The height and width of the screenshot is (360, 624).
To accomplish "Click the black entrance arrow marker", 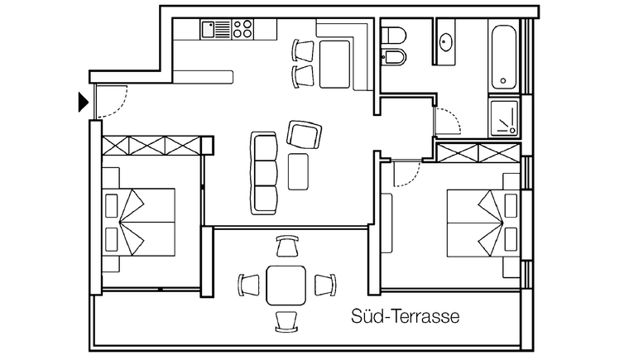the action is pos(84,103).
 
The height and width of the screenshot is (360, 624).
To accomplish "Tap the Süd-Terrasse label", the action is pos(406,317).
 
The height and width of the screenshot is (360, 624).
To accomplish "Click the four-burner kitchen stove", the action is pos(242,30).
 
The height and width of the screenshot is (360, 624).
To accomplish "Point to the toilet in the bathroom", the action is pos(393,35).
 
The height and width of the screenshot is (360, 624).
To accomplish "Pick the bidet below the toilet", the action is pos(393,57).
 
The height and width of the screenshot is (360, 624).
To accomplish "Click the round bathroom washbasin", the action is pos(445,42).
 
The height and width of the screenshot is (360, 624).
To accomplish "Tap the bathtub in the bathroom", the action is pos(503,57).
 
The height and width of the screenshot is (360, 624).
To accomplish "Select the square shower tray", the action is pos(504,118).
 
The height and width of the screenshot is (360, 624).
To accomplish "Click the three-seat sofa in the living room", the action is pos(264,173).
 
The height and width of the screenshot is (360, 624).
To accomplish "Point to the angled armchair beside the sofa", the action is pos(305,135).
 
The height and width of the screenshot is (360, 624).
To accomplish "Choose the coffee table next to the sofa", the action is pos(298,171).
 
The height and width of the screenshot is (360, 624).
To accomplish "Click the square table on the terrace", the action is pos(286,286).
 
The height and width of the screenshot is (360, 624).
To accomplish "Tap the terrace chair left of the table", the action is pos(248,285).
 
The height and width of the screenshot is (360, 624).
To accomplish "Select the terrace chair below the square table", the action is pos(286,321).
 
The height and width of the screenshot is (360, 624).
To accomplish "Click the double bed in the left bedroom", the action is pos(139,223).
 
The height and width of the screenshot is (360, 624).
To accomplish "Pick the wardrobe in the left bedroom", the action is pos(151,146).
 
